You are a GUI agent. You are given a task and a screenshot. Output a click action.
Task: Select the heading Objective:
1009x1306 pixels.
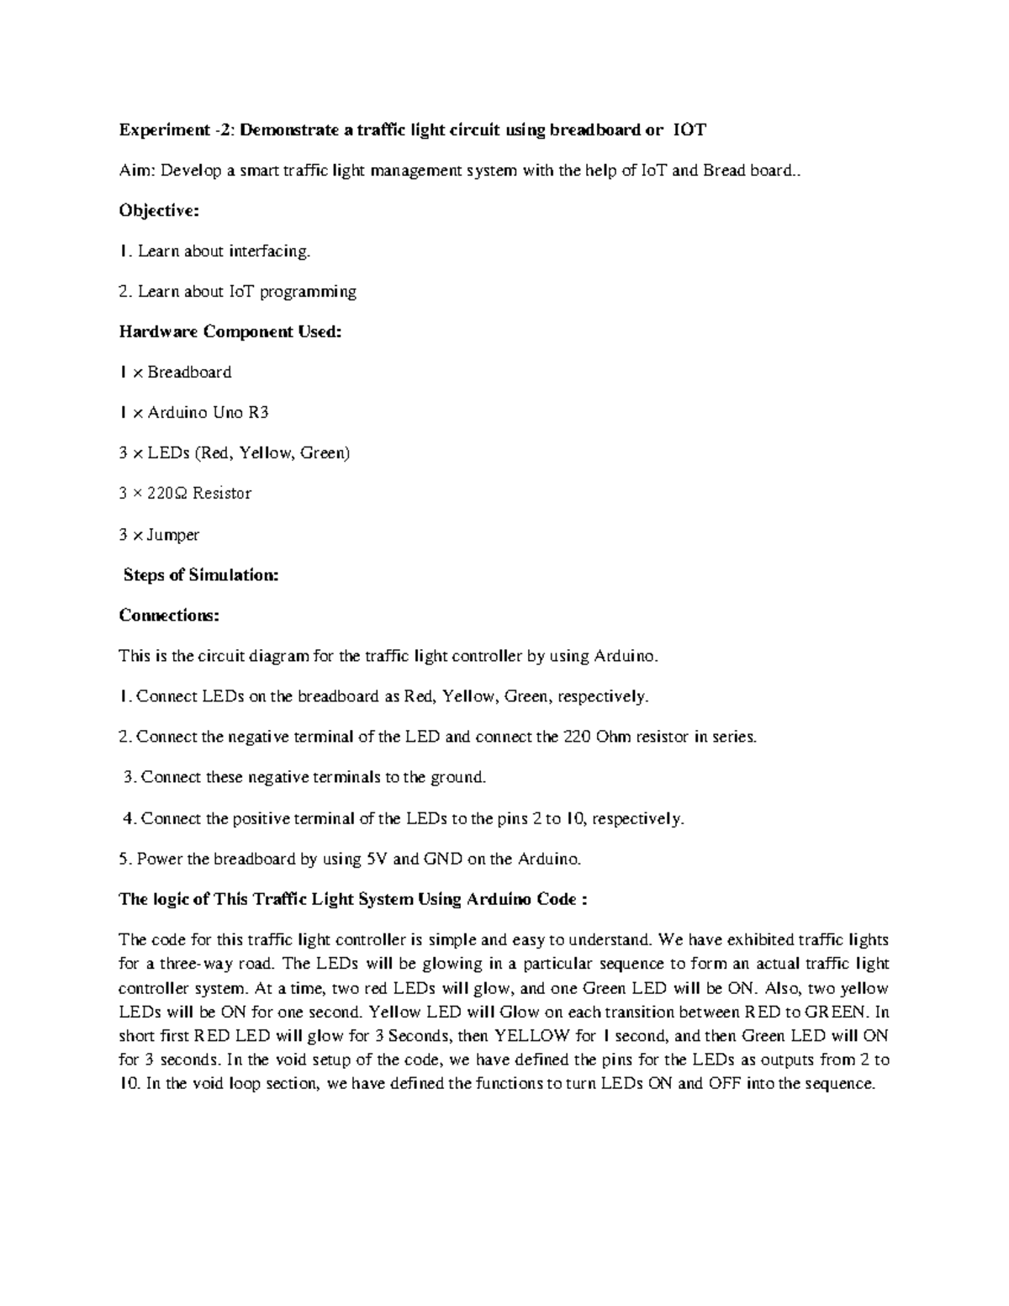coord(159,210)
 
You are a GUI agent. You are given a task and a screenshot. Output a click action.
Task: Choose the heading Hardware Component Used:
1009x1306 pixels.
coord(230,331)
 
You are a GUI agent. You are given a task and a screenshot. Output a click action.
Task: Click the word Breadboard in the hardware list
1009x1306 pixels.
coord(189,372)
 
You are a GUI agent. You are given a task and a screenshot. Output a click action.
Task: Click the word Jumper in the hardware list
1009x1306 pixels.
coord(173,534)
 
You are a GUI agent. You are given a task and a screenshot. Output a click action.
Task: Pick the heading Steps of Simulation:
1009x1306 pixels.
coord(201,574)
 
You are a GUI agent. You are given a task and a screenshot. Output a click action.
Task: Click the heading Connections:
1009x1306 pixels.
coord(169,615)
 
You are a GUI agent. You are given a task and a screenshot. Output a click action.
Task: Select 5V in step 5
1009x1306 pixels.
coord(376,859)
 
